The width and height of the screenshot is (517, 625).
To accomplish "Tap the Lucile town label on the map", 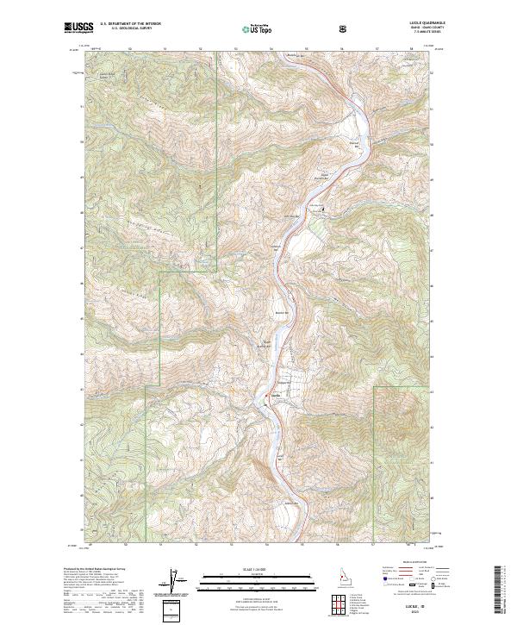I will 277,393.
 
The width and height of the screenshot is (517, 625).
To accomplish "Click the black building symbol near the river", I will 324,209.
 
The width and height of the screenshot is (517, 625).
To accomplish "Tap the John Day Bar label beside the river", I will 291,216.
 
